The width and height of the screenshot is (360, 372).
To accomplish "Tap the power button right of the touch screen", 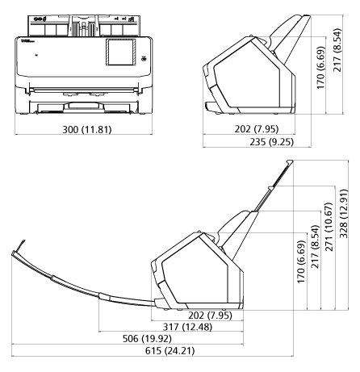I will [143, 57].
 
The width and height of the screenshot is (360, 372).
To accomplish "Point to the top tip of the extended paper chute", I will [288, 163].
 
